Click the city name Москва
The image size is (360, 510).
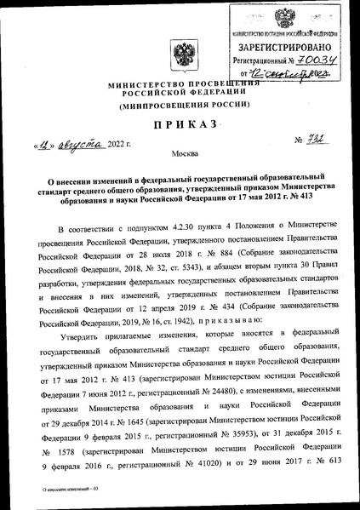click(x=180, y=160)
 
